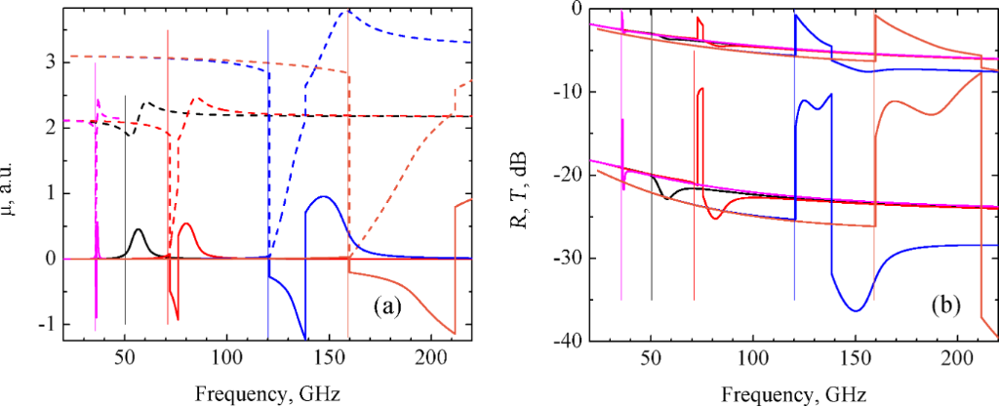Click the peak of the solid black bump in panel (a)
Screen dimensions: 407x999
(x=139, y=229)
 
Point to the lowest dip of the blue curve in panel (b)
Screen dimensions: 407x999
(x=856, y=310)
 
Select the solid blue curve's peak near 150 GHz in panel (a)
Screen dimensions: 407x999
(x=323, y=197)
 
